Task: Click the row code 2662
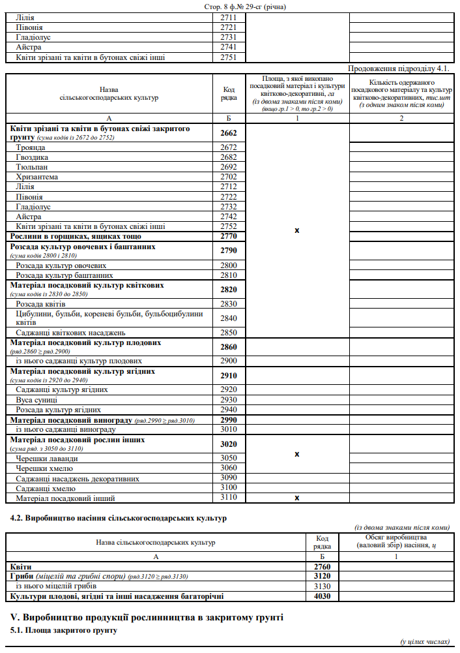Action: [228, 133]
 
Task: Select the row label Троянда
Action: [31, 147]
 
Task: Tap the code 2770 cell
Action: [228, 236]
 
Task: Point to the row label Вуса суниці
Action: [36, 399]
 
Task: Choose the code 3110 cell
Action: [228, 498]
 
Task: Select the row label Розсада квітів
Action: [41, 304]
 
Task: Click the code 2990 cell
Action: [228, 420]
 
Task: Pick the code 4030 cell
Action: [323, 596]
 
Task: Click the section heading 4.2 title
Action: [119, 519]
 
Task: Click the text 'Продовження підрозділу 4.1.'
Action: [399, 68]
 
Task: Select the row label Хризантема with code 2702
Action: [37, 177]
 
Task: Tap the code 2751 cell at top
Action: [228, 57]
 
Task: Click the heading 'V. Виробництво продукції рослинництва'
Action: [147, 617]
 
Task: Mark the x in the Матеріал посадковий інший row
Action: [296, 498]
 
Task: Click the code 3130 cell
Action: [323, 586]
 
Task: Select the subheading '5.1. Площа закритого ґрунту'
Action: [64, 631]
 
